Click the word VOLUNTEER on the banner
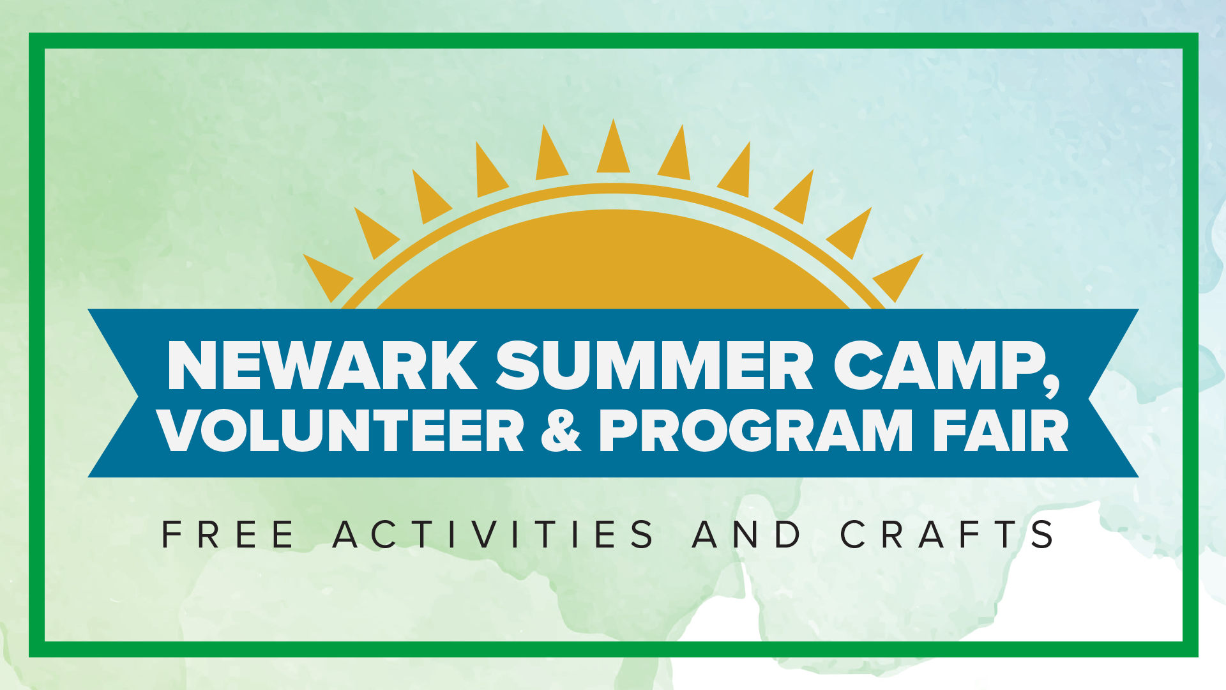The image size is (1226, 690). click(342, 431)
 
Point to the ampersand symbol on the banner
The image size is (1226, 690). click(561, 431)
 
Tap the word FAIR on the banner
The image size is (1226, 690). click(1000, 431)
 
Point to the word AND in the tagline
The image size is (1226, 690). click(746, 535)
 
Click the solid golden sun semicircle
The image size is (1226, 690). click(613, 265)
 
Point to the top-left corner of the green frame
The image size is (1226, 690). click(37, 41)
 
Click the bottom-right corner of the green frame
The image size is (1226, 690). click(1190, 649)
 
